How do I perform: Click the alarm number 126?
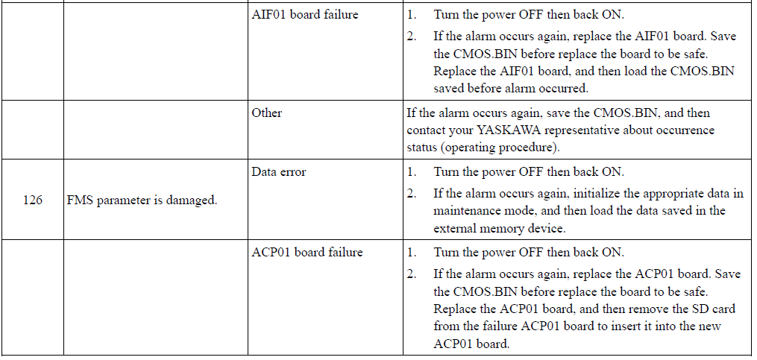[x=32, y=200]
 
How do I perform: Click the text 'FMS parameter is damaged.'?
[x=142, y=200]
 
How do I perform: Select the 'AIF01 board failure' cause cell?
[x=304, y=14]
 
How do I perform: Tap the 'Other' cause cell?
[x=266, y=113]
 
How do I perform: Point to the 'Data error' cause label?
[x=279, y=171]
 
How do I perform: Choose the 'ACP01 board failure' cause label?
[x=307, y=253]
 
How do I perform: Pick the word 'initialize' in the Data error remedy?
[x=597, y=194]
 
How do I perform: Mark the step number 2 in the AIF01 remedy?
[x=411, y=37]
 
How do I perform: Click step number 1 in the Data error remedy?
[x=411, y=171]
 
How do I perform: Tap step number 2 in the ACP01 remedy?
[x=411, y=274]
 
